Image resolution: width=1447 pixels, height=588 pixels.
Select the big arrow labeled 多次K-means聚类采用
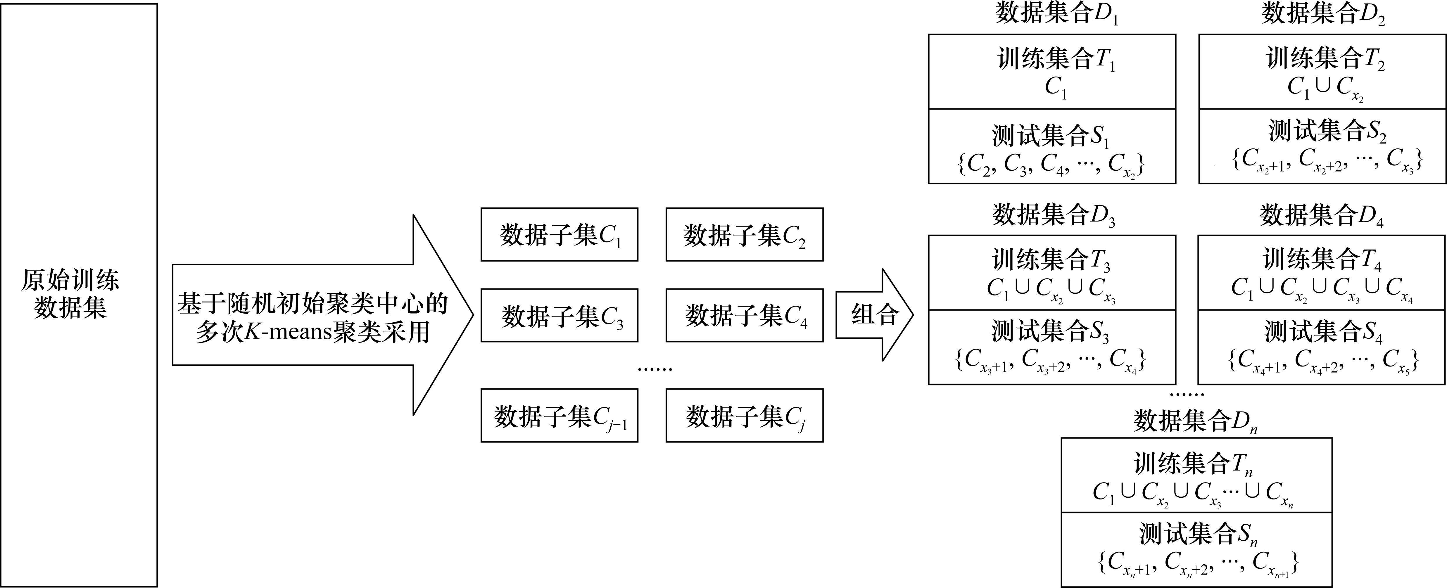point(315,316)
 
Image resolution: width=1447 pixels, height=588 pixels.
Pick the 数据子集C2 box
point(744,235)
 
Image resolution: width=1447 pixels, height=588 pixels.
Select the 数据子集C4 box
point(744,316)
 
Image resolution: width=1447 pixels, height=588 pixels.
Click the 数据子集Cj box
point(744,416)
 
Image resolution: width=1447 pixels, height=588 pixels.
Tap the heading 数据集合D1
point(1056,14)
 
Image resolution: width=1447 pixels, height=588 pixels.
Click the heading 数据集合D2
point(1323,14)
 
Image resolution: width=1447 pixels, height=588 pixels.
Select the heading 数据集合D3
point(1053,215)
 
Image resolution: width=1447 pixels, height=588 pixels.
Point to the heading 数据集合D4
point(1321,215)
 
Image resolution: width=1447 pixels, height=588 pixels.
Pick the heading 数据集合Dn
point(1195,421)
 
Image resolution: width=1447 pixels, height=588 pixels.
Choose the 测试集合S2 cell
point(1322,146)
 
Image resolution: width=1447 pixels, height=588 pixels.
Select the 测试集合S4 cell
point(1321,347)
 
